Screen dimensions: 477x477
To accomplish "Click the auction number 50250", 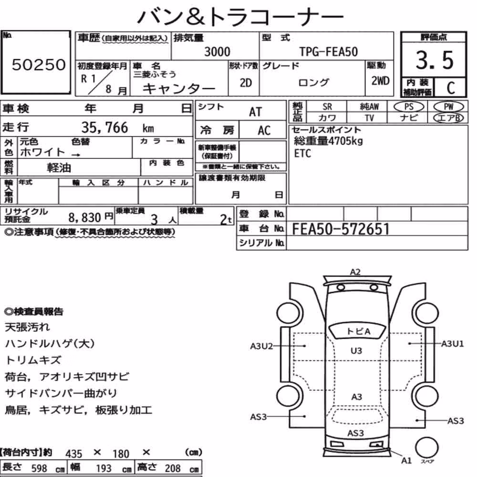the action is point(39,64).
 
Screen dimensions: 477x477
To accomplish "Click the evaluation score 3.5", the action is point(435,60).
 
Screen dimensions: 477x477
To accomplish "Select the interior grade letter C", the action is point(451,88).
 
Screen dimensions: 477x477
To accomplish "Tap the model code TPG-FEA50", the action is point(328,52).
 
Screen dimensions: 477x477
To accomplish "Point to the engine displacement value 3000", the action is point(217,52).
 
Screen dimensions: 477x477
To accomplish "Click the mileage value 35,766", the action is point(104,127).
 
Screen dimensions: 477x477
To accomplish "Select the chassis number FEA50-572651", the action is point(341,229).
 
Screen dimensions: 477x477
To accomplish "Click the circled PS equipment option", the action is point(408,107).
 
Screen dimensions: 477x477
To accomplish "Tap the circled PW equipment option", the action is point(448,107).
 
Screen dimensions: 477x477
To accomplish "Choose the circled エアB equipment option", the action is point(448,118).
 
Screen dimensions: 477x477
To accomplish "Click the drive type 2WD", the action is point(380,81).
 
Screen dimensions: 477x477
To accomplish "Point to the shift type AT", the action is point(255,112).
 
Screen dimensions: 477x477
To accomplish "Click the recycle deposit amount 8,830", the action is point(84,218).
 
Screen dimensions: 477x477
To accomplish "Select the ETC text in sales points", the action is point(302,153).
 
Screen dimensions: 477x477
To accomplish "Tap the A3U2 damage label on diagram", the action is point(261,346).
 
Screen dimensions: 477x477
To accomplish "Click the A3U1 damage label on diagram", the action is point(452,344).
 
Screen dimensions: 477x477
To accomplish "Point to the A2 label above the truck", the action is point(355,272).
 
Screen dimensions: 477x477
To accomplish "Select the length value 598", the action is point(39,468).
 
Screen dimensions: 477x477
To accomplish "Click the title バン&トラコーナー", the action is point(240,16).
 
